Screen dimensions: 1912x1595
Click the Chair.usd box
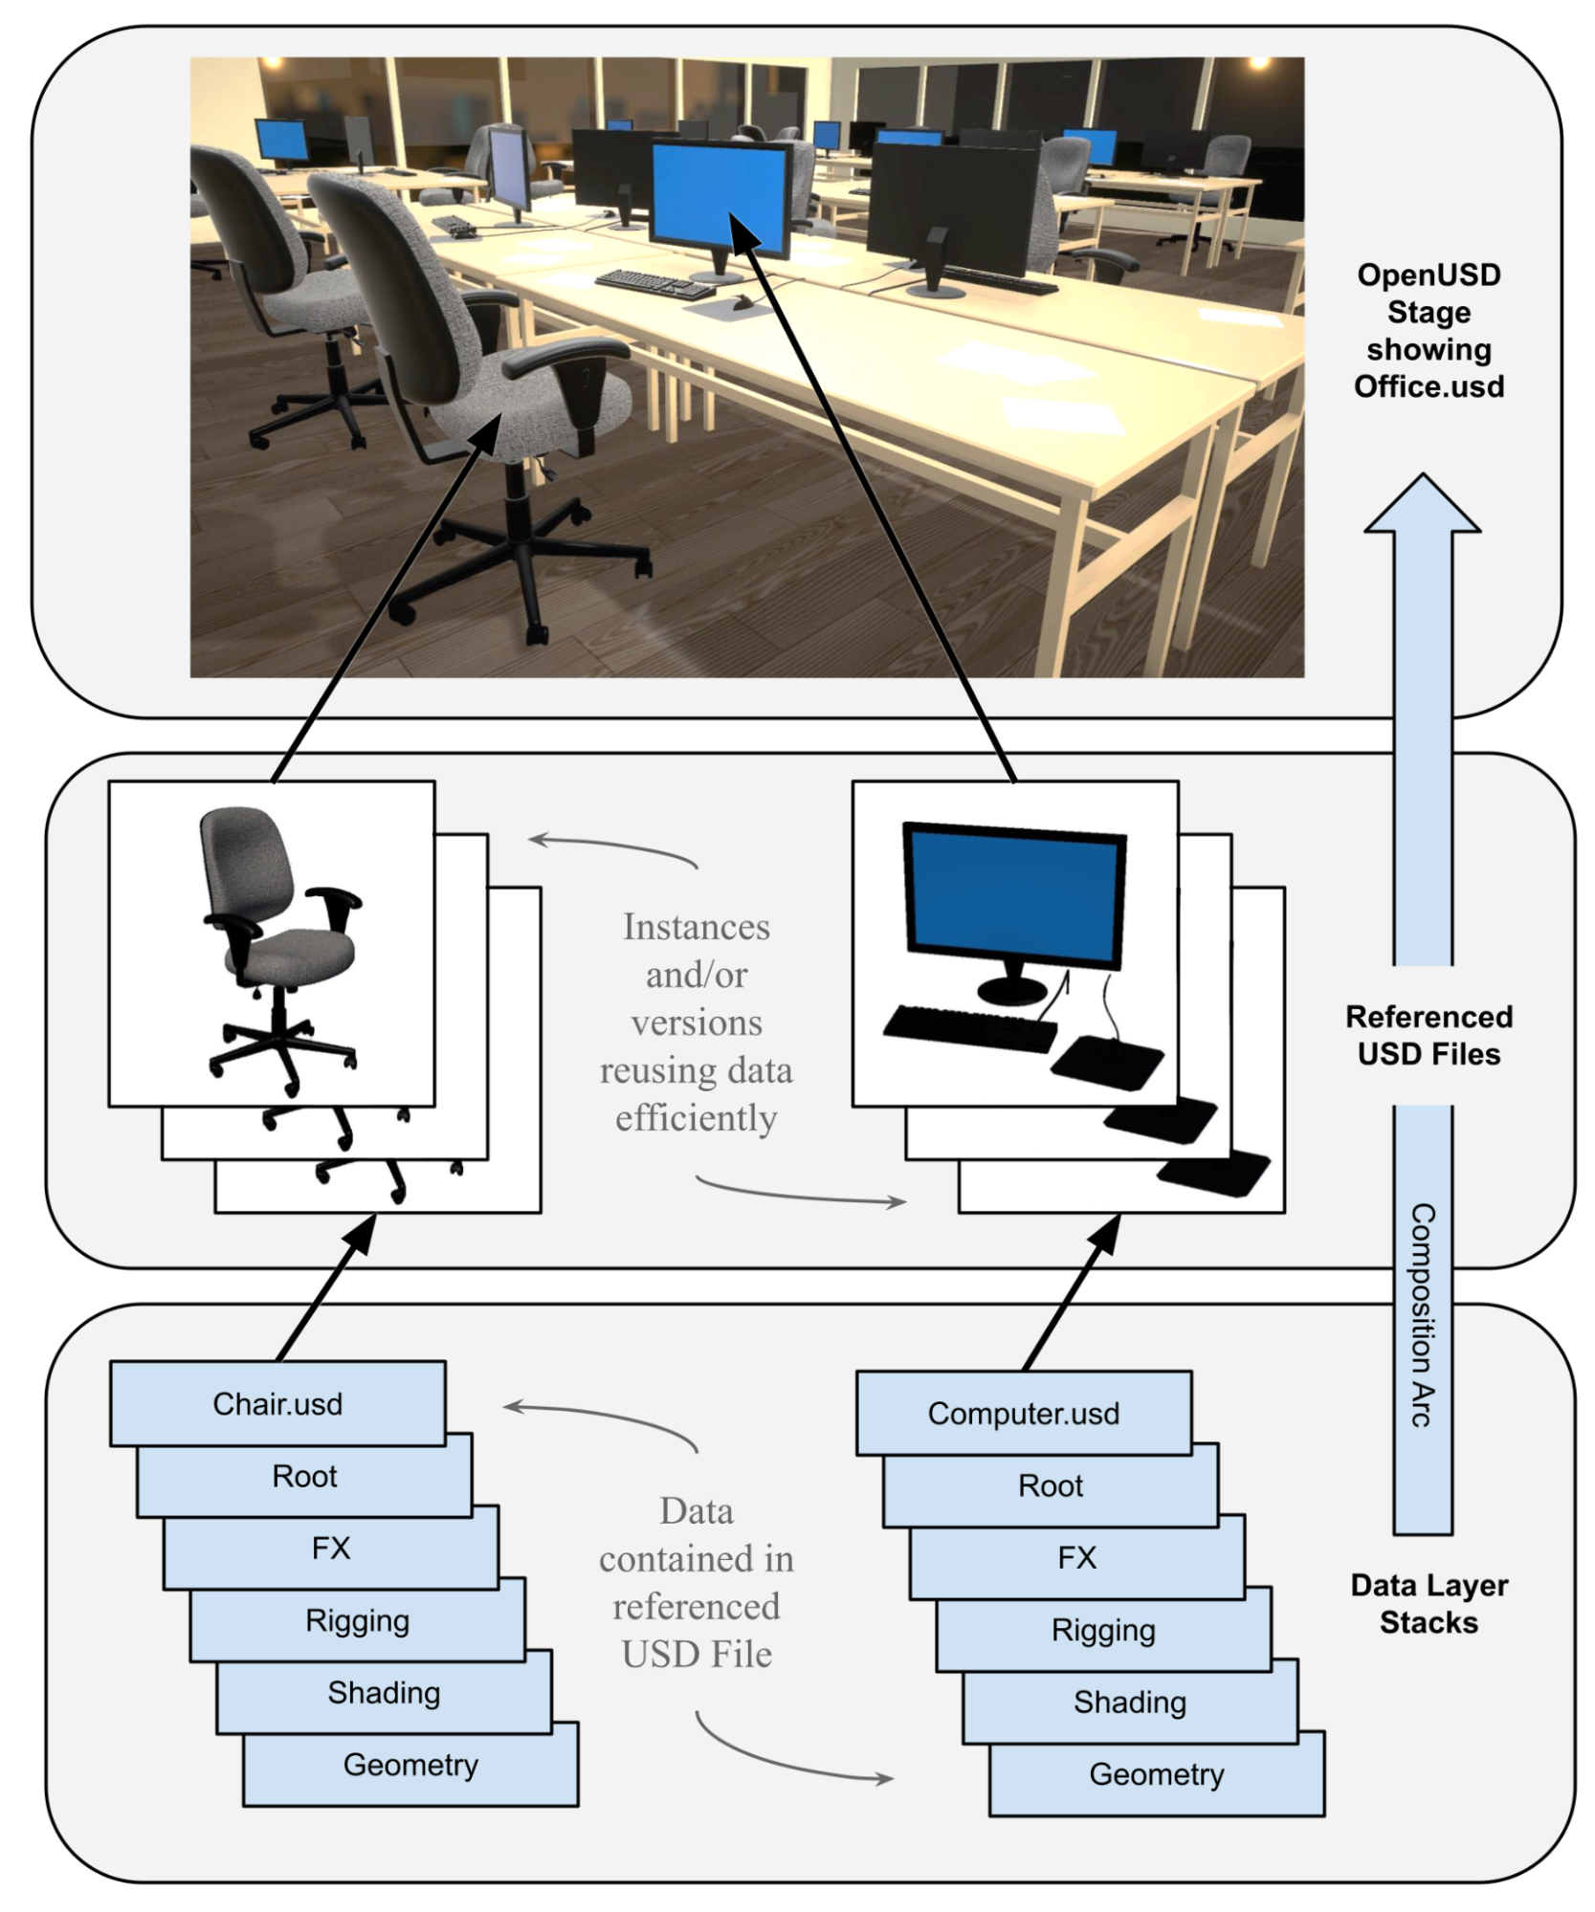point(277,1403)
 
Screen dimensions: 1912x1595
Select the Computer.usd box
point(1023,1413)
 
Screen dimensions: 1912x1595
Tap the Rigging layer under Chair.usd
point(357,1620)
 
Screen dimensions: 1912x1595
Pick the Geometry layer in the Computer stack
point(1156,1774)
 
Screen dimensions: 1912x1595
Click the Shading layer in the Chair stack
point(384,1692)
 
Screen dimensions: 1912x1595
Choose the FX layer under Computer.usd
point(1076,1557)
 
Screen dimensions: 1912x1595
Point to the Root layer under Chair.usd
point(304,1476)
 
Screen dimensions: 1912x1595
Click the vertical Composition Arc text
point(1422,1315)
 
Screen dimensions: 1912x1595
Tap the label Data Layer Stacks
point(1429,1604)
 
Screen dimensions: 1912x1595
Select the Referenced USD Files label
point(1429,1035)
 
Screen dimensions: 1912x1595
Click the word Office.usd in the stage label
point(1429,386)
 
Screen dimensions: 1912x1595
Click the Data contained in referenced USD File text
point(697,1582)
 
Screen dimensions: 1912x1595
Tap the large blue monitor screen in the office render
point(720,195)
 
